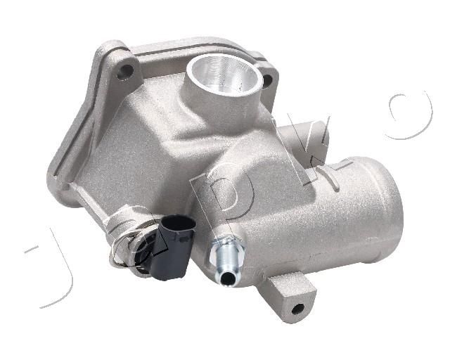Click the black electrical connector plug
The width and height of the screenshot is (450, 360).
174,247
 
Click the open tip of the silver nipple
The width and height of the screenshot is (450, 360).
228,278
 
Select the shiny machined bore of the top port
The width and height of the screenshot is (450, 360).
224,74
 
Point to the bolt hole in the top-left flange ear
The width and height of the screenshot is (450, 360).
125,71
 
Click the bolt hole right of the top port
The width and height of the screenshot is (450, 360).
267,81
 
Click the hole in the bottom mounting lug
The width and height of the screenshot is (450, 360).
297,309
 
